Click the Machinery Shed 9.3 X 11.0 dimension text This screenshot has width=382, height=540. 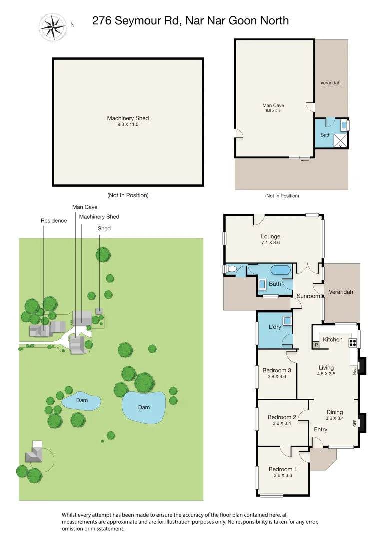point(128,124)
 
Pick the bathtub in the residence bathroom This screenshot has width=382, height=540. point(280,270)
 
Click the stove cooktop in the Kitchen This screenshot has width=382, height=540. point(352,343)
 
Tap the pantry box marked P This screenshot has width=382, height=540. point(316,345)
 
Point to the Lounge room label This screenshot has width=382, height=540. point(270,236)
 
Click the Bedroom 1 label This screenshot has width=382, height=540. point(283,469)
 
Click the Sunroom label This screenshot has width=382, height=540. point(308,296)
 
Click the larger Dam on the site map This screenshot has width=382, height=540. point(144,407)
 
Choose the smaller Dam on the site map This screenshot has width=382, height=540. point(82,400)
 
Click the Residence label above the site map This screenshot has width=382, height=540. point(54,221)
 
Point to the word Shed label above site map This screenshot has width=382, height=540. point(104,228)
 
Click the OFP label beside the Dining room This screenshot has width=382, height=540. point(355,423)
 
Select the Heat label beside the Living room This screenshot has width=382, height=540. point(355,370)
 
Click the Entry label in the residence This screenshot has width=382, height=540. point(321,429)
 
